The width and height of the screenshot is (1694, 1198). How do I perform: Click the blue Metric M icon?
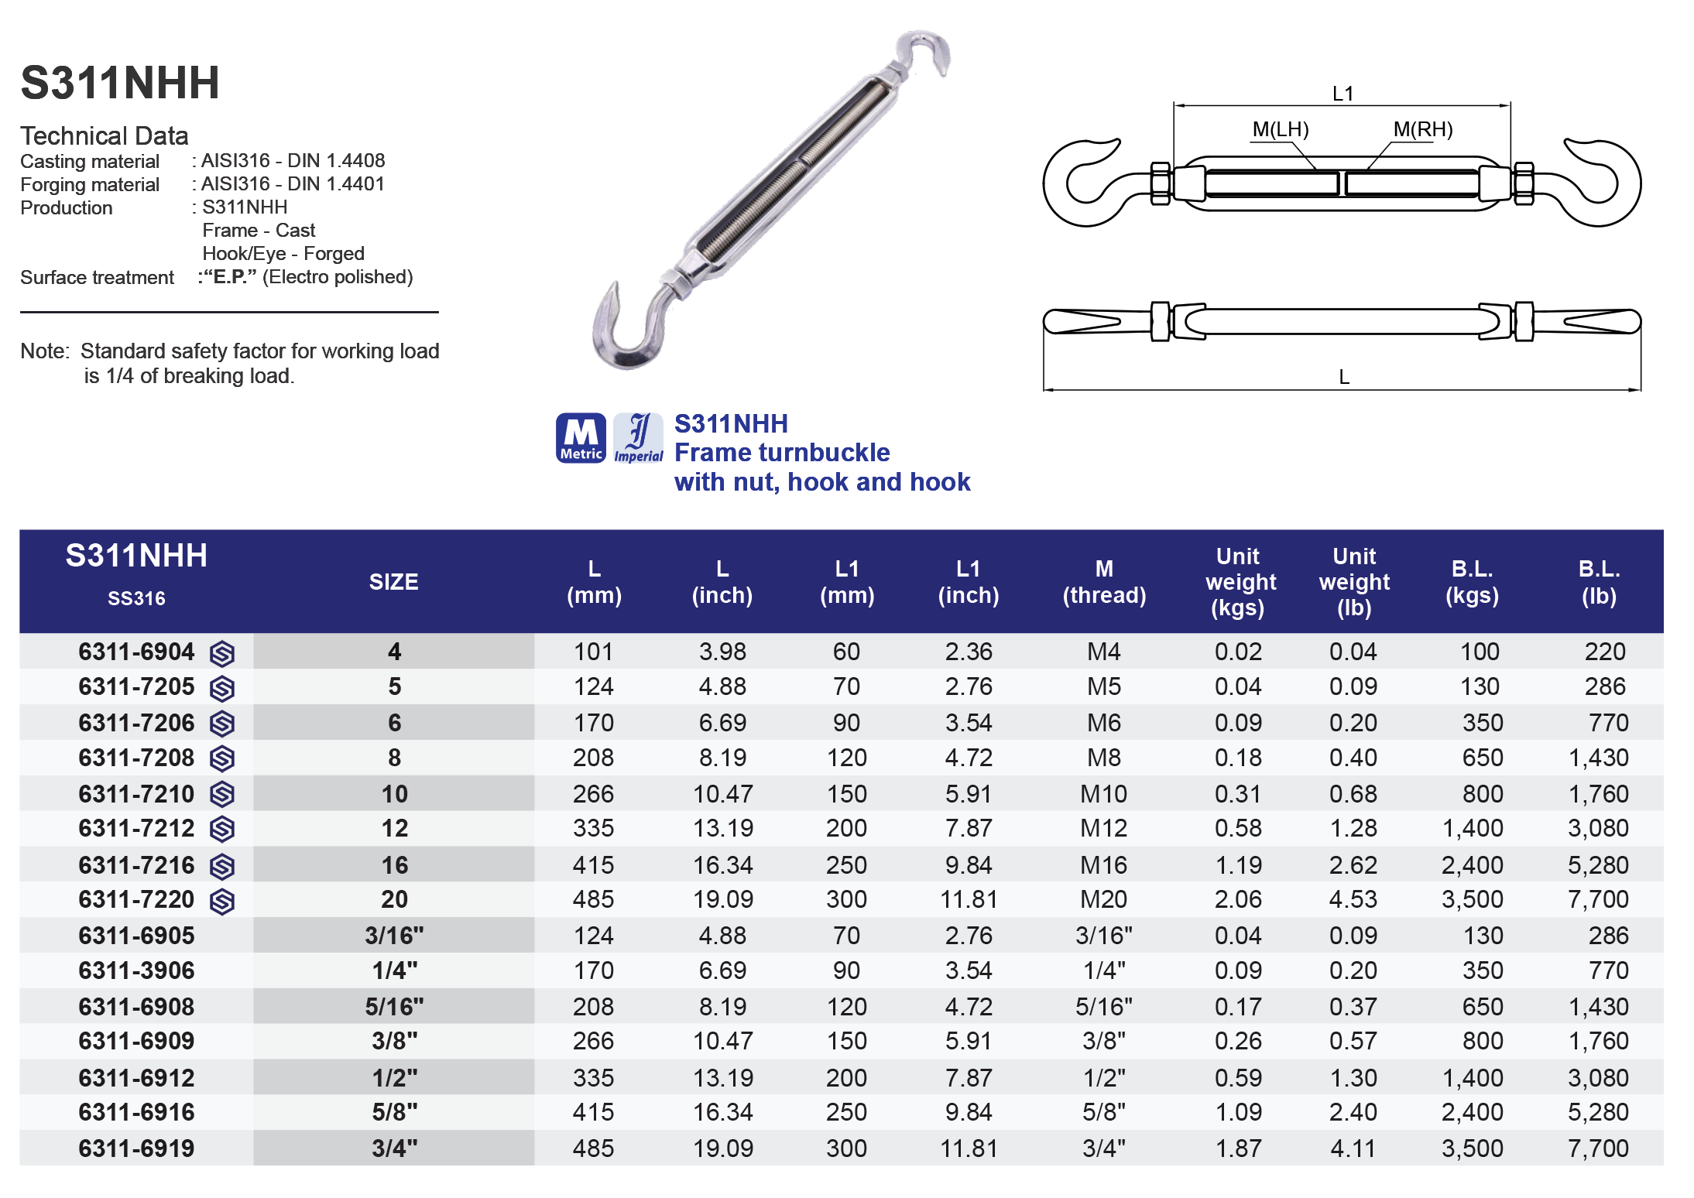(581, 438)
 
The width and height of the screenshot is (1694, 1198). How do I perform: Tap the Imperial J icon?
(638, 438)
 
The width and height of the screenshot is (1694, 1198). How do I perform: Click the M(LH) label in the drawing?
(1281, 129)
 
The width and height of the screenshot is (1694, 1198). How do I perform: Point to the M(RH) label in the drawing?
(1422, 129)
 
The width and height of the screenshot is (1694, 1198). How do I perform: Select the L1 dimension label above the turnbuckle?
(1343, 94)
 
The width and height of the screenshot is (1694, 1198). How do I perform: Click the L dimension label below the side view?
(1344, 377)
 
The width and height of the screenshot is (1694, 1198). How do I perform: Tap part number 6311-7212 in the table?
(136, 828)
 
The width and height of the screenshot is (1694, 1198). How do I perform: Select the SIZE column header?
(393, 582)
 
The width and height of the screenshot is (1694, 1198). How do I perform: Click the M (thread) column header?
(1104, 582)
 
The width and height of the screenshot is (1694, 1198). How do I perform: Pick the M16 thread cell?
(1103, 864)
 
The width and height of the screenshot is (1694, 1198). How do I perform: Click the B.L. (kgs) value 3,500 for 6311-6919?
(1472, 1148)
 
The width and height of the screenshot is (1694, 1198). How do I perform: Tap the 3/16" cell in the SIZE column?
(394, 936)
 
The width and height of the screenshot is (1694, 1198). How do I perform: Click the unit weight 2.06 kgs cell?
(1238, 899)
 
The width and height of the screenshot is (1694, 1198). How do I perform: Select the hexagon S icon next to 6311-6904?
(222, 654)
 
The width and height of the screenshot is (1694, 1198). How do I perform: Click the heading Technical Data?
(105, 136)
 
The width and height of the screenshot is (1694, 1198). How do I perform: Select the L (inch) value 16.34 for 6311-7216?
(722, 864)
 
